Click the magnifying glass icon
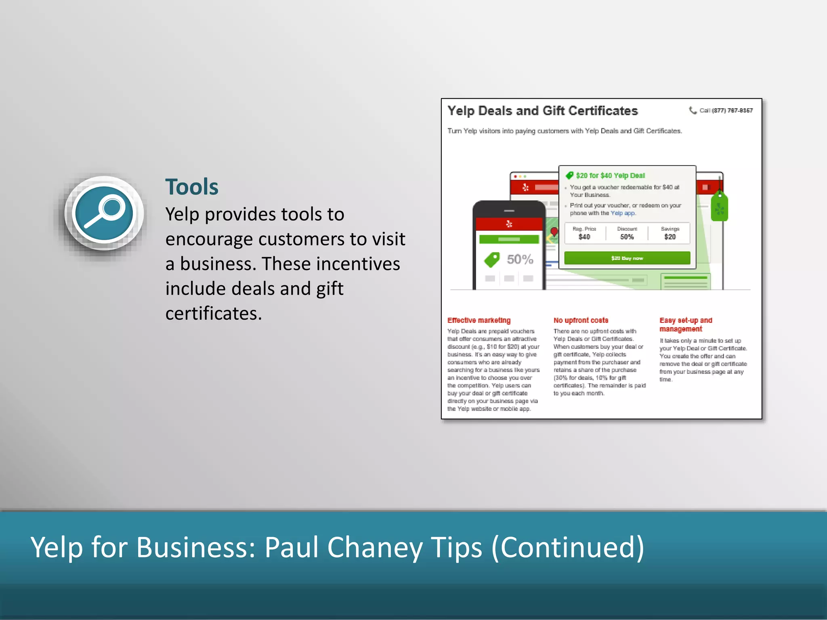[x=104, y=213]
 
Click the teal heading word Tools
[x=192, y=187]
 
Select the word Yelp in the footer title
[x=56, y=548]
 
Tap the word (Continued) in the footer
[x=567, y=548]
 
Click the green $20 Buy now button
[x=627, y=258]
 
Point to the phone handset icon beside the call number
[x=693, y=110]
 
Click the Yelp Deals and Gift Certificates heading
[x=542, y=111]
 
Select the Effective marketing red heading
[x=479, y=320]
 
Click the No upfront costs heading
[x=581, y=320]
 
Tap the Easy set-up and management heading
[x=686, y=325]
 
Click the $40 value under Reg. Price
[x=584, y=237]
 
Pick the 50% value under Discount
[x=627, y=237]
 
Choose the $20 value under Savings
[x=670, y=237]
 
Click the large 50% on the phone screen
[x=520, y=259]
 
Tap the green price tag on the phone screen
[x=492, y=260]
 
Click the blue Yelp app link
[x=623, y=213]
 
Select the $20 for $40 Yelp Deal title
[x=610, y=176]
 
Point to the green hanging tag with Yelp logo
[x=719, y=207]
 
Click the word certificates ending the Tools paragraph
[x=213, y=314]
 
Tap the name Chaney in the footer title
[x=374, y=548]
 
